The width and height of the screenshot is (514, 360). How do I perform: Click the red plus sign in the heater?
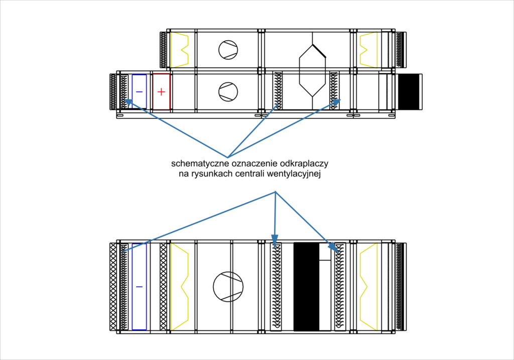pos(161,92)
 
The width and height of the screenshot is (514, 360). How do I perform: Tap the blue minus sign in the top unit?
pos(139,92)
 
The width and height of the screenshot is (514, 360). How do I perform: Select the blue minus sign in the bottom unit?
pos(139,286)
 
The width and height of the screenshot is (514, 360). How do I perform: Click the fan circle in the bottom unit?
pos(228,287)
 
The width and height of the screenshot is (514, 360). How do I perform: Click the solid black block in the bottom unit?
pos(306,287)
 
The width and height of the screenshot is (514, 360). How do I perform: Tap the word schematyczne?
pos(199,164)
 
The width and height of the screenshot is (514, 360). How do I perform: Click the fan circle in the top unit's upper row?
pos(228,50)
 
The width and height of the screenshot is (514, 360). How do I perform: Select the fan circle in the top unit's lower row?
pos(228,92)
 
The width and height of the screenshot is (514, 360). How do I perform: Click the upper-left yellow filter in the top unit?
pos(179,50)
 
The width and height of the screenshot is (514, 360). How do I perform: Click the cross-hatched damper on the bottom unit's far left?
pos(113,287)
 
